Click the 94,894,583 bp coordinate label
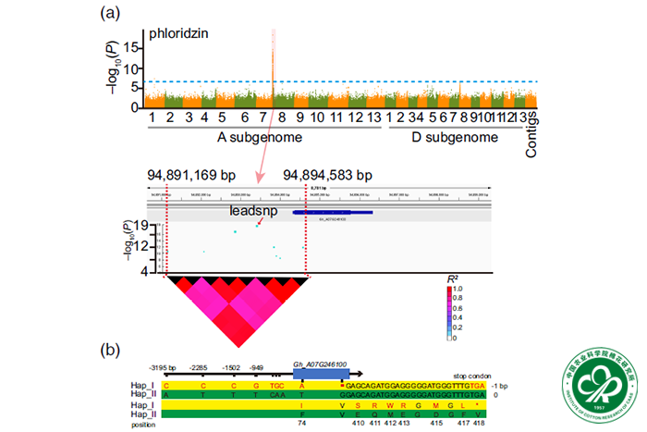click(327, 176)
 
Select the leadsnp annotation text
click(252, 211)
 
